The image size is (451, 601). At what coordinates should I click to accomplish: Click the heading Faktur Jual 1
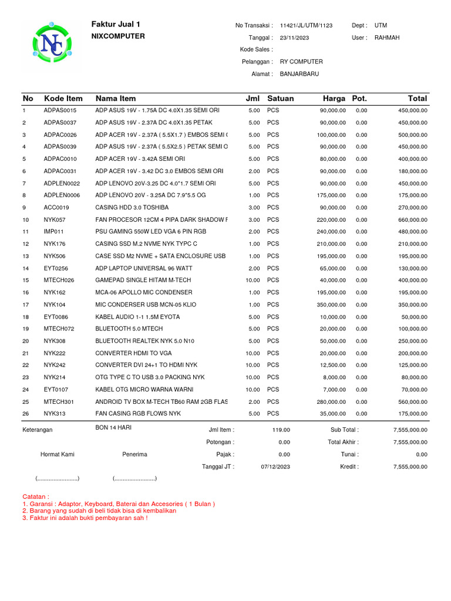tap(116, 24)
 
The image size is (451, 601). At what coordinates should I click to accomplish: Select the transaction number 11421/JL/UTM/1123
tap(306, 26)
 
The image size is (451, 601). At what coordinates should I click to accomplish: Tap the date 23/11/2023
tap(294, 38)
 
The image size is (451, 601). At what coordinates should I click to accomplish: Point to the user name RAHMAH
tap(386, 38)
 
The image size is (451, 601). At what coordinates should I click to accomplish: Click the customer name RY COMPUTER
tap(301, 62)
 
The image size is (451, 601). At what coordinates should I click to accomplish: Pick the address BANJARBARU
tap(299, 74)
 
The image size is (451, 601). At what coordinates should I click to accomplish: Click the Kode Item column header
tap(63, 98)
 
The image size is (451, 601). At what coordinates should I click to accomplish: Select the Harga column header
tap(334, 98)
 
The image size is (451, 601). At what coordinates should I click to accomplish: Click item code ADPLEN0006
tap(62, 195)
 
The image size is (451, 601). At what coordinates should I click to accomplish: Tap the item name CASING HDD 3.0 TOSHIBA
tap(132, 207)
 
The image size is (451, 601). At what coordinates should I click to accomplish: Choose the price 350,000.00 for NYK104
tap(332, 305)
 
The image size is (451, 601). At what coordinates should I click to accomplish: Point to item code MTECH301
tap(59, 402)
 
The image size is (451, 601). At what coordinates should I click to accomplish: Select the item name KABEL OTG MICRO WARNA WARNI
tap(144, 390)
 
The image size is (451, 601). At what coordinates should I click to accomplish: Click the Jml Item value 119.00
tap(281, 430)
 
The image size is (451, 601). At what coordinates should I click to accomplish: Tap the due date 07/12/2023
tap(275, 467)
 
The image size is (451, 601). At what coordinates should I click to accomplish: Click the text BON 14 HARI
tap(113, 428)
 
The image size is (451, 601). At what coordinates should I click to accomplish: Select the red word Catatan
tap(36, 496)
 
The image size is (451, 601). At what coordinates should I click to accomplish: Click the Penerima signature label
tap(134, 454)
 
